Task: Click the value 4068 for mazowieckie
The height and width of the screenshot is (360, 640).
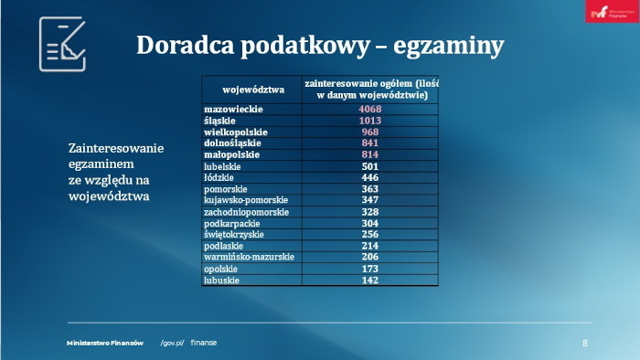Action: point(370,110)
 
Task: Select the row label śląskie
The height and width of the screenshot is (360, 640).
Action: point(220,121)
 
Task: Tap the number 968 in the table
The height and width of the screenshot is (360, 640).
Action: point(370,132)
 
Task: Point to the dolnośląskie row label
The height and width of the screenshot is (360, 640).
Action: point(232,143)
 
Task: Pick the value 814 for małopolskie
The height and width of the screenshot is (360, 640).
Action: point(370,154)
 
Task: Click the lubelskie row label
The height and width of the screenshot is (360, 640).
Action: point(223,166)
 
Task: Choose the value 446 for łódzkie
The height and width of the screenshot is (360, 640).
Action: point(370,177)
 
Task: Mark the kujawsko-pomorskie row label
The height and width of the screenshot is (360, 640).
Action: point(246,200)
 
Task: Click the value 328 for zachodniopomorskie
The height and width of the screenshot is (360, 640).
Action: point(370,212)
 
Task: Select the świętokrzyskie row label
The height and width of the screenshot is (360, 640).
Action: point(234,235)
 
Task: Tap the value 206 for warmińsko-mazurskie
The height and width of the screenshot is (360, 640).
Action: point(370,258)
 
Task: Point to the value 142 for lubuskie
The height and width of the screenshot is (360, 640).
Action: point(370,281)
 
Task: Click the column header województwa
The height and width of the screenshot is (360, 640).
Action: point(253,90)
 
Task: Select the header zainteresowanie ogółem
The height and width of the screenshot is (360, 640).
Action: point(371,89)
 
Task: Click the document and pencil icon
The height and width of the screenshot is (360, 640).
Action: point(62,44)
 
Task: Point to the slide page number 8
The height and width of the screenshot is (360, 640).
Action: point(585,343)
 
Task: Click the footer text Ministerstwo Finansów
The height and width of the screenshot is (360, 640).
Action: point(105,343)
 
